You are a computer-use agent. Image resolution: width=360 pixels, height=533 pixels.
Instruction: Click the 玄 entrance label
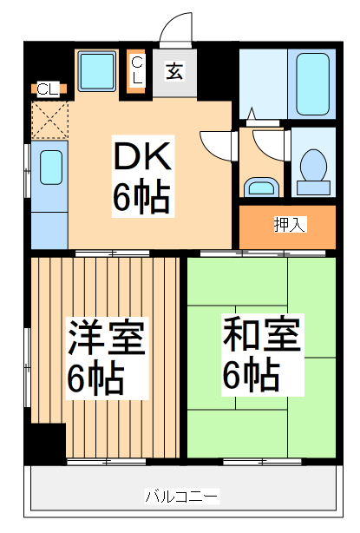pos(175,69)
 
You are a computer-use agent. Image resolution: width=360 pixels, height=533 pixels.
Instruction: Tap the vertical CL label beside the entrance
pos(137,69)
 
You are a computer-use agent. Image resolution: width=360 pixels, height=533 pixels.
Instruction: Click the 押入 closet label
pos(289,225)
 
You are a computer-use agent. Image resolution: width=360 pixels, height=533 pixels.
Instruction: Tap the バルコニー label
pos(181,497)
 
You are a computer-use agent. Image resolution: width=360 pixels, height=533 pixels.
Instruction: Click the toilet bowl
pos(311,164)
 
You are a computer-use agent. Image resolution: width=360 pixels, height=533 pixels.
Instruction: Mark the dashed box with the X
pos(49,119)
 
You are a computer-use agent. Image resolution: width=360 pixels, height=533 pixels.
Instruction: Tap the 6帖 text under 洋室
pos(96,378)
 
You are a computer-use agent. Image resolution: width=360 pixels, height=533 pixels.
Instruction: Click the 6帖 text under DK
pos(141,199)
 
